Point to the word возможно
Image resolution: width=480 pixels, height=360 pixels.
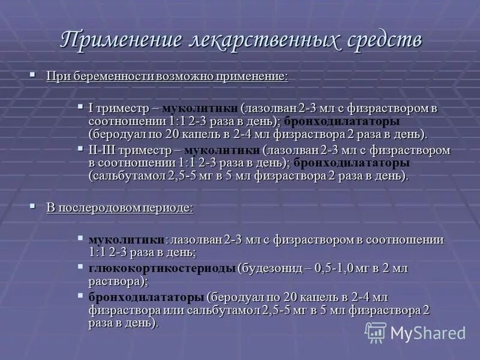(183, 77)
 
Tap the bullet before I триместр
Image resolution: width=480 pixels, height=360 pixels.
(81, 107)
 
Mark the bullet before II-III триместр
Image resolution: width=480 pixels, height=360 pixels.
(81, 148)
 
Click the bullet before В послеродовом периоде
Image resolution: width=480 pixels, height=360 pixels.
(33, 206)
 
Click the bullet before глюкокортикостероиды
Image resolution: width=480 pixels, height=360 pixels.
(81, 266)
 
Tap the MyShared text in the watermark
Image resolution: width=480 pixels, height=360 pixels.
(428, 332)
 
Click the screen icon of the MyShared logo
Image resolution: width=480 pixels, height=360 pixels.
(376, 332)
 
